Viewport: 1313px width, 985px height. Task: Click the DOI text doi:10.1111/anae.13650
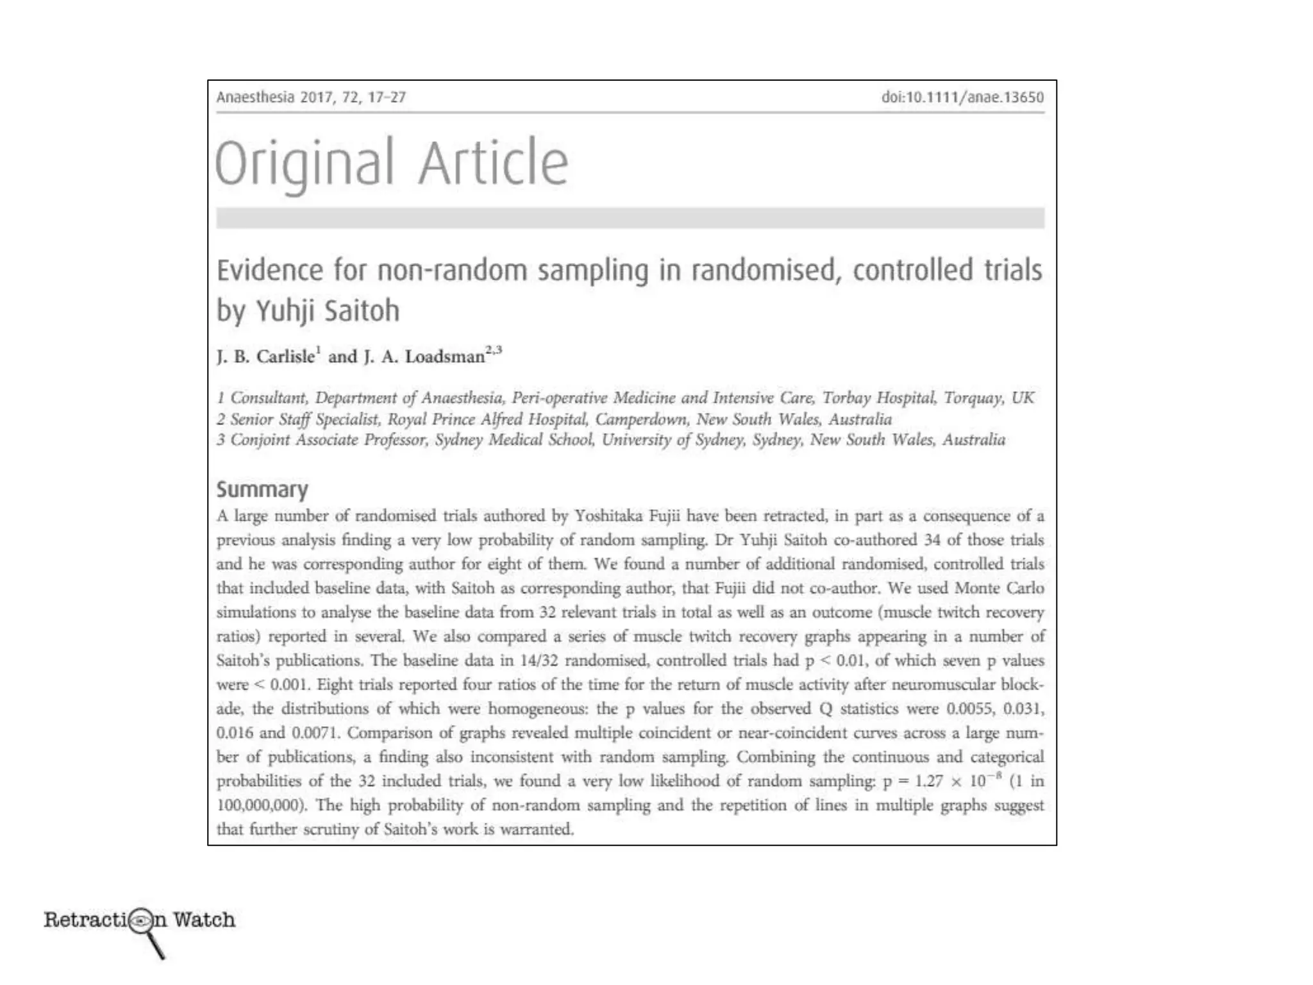tap(962, 97)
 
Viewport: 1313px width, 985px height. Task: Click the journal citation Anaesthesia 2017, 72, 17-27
tap(311, 97)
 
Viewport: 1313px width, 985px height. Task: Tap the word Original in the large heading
tap(304, 164)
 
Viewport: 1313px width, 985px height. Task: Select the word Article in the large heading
tap(494, 164)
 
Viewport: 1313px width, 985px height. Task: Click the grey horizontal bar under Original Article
tap(630, 218)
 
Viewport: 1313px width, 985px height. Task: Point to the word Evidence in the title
tap(270, 270)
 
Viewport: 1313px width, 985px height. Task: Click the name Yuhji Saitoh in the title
tap(328, 311)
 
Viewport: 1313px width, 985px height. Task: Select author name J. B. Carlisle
tap(266, 357)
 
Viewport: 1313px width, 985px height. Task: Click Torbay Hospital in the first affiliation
tap(878, 398)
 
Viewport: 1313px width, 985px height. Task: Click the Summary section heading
tap(262, 489)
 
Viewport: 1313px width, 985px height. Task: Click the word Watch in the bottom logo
tap(205, 920)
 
